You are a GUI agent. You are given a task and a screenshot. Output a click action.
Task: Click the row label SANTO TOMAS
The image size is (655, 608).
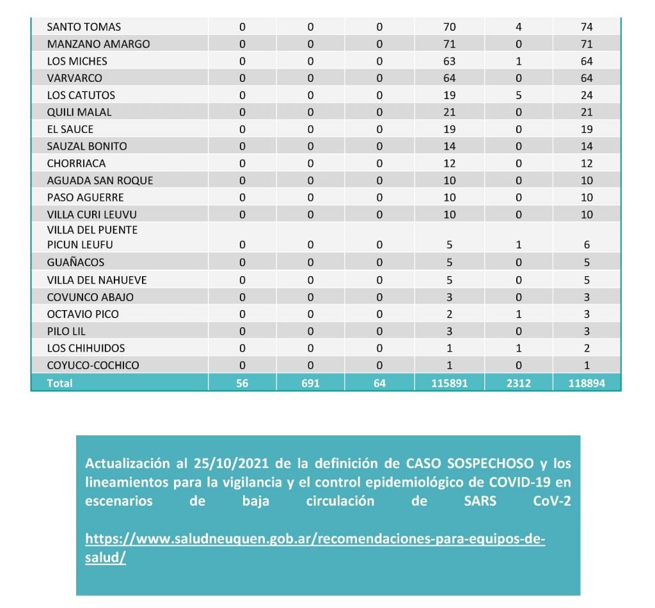click(x=84, y=27)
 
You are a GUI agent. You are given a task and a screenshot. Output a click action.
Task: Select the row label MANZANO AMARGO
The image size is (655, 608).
click(x=99, y=44)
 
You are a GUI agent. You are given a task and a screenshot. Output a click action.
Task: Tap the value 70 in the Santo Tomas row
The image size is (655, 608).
click(x=449, y=27)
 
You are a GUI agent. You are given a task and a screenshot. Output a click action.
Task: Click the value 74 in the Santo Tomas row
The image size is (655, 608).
click(x=587, y=27)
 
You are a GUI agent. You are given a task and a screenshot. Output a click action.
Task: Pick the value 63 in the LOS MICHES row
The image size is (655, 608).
click(x=449, y=61)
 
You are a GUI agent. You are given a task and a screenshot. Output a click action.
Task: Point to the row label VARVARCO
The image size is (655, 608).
click(x=74, y=78)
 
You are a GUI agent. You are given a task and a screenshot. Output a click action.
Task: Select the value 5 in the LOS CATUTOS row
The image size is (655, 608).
click(x=519, y=95)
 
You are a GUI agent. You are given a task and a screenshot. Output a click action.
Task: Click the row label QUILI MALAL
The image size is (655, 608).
click(x=79, y=112)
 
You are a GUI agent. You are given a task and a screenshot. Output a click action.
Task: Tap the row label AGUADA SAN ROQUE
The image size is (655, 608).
click(x=100, y=180)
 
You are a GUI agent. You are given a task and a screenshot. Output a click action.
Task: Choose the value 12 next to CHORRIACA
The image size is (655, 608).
click(x=449, y=163)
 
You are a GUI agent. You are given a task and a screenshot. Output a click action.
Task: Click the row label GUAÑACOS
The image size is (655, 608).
click(x=75, y=262)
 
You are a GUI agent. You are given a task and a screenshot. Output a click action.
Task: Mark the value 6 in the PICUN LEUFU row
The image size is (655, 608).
click(x=587, y=245)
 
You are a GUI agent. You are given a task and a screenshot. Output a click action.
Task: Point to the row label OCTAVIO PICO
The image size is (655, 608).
click(x=83, y=314)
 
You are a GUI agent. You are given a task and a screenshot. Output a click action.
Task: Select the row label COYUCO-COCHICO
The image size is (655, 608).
click(x=93, y=366)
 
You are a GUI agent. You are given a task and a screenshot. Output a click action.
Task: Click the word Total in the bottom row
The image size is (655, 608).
click(x=59, y=383)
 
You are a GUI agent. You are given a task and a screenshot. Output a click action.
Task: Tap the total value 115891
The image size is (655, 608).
click(x=449, y=383)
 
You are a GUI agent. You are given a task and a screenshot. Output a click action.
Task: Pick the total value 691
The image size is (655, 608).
click(x=310, y=383)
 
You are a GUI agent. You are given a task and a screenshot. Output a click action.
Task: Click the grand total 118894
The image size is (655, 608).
click(x=587, y=383)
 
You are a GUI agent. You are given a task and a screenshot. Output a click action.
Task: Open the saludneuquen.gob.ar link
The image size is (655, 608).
click(x=315, y=539)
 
